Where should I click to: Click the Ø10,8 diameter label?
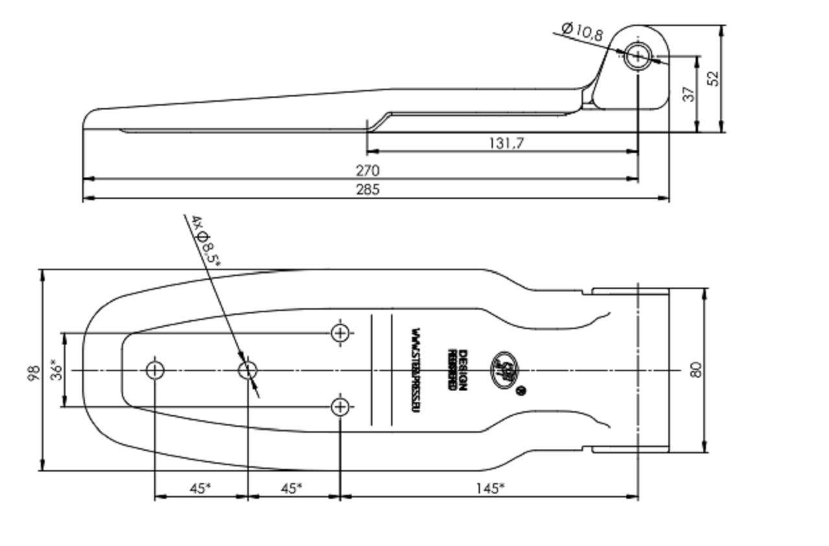coord(582,30)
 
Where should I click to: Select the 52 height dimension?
coord(713,78)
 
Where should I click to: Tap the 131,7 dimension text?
coord(505,142)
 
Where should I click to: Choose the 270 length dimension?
coord(367,170)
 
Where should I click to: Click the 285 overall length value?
coord(367,189)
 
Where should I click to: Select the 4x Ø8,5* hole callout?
coord(207,242)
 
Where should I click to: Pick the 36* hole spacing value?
coord(57,370)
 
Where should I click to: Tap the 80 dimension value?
coord(696,370)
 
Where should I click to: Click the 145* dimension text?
coord(490,488)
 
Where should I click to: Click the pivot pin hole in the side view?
coord(637,56)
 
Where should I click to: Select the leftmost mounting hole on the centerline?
coord(155,370)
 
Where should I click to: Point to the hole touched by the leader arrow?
coord(247,370)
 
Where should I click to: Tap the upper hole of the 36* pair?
coord(340,333)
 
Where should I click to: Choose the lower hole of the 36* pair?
coord(340,407)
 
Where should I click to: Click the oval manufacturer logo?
coord(505,370)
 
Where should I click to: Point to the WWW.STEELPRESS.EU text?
coord(414,370)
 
